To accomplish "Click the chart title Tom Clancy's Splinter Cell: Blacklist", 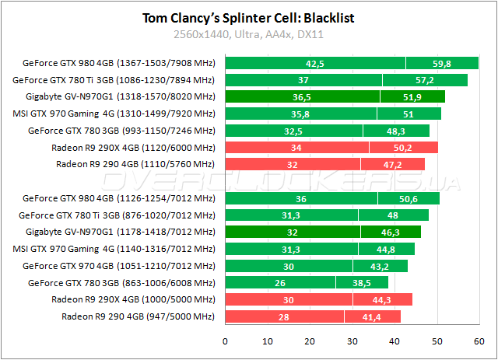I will coord(249,18).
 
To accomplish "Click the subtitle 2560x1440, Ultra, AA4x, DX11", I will coord(249,35).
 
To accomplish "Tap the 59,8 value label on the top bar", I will coord(442,64).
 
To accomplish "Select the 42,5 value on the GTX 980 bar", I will coord(315,64).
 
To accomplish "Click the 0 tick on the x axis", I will coord(226,340).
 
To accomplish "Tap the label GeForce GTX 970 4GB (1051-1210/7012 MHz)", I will coord(118,265).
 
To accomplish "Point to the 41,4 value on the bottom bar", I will coord(372,316).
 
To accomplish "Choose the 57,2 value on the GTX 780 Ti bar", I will coord(424,80).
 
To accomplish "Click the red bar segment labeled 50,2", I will coord(403,148).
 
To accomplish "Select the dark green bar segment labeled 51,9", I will coord(412,97).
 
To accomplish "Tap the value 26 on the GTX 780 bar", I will coord(279,282).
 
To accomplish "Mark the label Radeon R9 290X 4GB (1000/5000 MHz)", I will coord(132,299).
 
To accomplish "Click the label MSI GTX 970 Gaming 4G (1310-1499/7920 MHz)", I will coord(121,114).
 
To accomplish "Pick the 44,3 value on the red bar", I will coord(382,299).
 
